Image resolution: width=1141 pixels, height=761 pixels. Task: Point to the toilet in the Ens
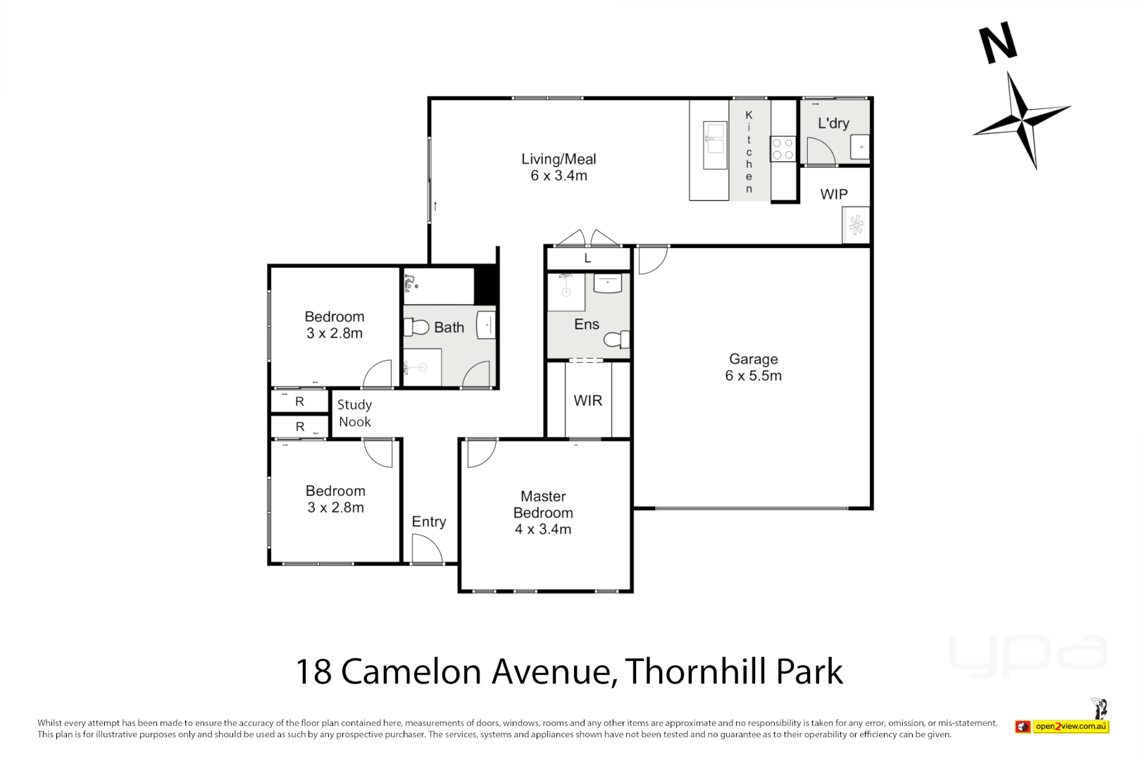616,340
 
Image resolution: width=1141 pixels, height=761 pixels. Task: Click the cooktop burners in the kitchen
783,149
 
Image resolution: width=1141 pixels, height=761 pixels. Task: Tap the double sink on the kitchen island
714,138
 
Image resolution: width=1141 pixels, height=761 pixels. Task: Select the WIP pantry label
834,194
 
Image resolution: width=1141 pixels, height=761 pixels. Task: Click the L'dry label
833,123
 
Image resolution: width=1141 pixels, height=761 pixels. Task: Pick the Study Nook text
354,413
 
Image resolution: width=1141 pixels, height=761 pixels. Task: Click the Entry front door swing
426,549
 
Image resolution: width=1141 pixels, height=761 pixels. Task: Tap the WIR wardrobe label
587,401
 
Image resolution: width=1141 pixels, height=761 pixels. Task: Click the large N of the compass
999,42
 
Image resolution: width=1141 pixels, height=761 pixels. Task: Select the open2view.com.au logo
1070,726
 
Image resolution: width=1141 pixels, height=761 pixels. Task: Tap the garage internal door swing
652,261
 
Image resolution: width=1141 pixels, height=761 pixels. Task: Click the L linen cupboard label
587,259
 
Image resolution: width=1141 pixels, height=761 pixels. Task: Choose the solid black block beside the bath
485,285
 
